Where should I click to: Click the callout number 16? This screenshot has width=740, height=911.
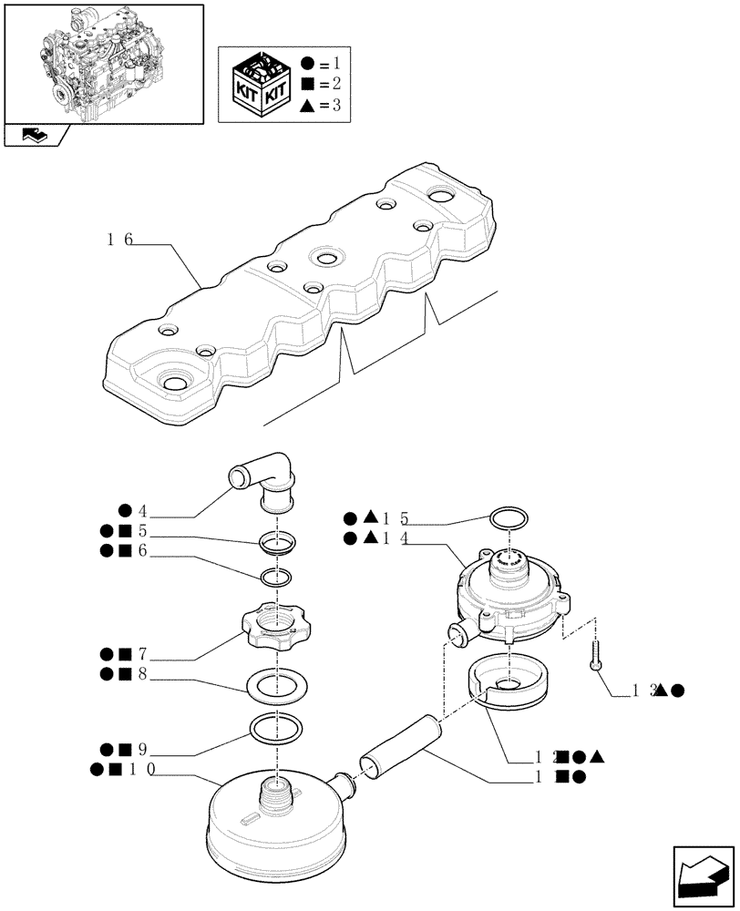119,241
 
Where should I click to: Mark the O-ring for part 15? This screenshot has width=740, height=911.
508,520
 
